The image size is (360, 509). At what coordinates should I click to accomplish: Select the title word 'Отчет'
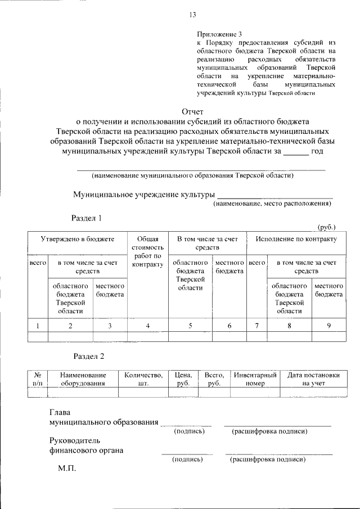pyautogui.click(x=192, y=111)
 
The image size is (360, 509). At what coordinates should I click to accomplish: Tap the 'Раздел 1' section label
pyautogui.click(x=86, y=218)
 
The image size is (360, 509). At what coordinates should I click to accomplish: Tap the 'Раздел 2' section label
pyautogui.click(x=89, y=355)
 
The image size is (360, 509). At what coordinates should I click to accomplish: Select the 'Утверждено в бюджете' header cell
pyautogui.click(x=77, y=239)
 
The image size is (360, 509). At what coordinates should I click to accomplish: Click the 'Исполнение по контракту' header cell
pyautogui.click(x=296, y=239)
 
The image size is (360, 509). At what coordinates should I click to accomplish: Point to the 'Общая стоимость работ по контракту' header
pyautogui.click(x=147, y=251)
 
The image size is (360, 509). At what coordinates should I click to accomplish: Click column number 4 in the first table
pyautogui.click(x=147, y=325)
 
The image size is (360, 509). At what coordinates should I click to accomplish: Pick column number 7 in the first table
pyautogui.click(x=256, y=325)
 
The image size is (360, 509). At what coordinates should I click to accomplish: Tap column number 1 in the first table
pyautogui.click(x=37, y=325)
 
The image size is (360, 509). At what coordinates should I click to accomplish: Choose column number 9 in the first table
pyautogui.click(x=328, y=325)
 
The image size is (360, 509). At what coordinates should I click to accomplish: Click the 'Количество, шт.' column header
pyautogui.click(x=143, y=379)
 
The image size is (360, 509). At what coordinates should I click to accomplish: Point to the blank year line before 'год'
pyautogui.click(x=295, y=152)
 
